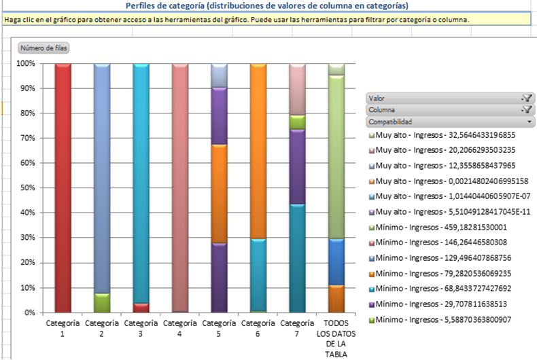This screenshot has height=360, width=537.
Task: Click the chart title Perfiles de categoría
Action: [x=266, y=5]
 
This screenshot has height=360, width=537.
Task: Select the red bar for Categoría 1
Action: [x=63, y=187]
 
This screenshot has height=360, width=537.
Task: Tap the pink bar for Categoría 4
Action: [x=180, y=187]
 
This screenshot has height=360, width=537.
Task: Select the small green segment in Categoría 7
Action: [x=297, y=122]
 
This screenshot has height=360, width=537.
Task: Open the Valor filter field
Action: [x=449, y=98]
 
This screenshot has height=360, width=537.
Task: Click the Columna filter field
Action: [x=449, y=110]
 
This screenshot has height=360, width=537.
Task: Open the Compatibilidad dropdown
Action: [x=449, y=122]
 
